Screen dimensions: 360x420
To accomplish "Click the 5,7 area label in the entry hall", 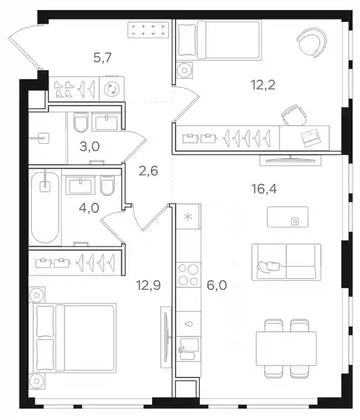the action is [x=102, y=58].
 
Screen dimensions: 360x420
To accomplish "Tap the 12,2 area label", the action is [x=263, y=85].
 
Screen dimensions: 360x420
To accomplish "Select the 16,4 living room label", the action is [x=264, y=189].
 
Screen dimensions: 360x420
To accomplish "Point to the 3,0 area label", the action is [x=90, y=146].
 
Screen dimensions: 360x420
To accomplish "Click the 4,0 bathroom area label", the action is [x=89, y=208].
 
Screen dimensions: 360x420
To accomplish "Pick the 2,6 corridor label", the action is [x=148, y=171].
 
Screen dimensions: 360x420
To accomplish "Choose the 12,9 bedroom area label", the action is [x=148, y=285].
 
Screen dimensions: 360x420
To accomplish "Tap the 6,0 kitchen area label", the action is [x=217, y=285].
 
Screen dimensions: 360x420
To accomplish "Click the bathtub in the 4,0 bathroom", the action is [x=45, y=208].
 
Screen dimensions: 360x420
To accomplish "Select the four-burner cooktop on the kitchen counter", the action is [x=189, y=275].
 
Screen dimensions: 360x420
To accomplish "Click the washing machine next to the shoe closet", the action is [x=112, y=89].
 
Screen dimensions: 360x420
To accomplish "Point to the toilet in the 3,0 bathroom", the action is [x=81, y=122].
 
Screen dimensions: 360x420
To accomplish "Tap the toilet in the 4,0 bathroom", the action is [x=108, y=185].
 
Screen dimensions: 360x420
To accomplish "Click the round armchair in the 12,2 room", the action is [x=312, y=42].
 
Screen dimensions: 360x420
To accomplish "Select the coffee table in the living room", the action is [x=288, y=217].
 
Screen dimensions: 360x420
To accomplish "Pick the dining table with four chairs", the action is [x=286, y=348].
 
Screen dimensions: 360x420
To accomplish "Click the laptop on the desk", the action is [x=310, y=138].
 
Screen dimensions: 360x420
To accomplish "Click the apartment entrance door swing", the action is [x=25, y=45].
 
